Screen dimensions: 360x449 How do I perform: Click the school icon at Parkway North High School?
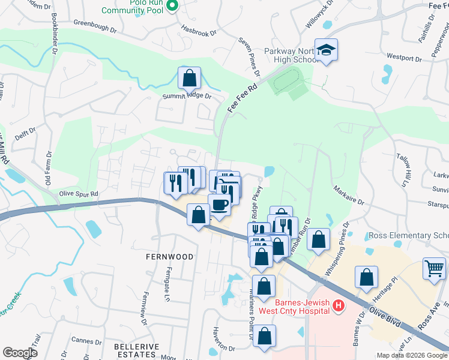[327, 49]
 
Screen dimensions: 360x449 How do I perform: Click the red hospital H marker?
[338, 307]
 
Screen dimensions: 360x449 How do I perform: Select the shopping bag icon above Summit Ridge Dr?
[189, 78]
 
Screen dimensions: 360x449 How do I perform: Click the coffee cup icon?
[220, 205]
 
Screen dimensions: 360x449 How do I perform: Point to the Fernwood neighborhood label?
[170, 257]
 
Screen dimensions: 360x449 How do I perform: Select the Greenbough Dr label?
[95, 25]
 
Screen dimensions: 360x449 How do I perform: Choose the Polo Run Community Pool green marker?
[172, 5]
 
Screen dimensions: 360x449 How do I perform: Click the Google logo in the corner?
[20, 353]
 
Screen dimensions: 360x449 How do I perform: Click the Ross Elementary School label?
[408, 236]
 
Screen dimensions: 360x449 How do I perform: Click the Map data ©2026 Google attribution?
[411, 355]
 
